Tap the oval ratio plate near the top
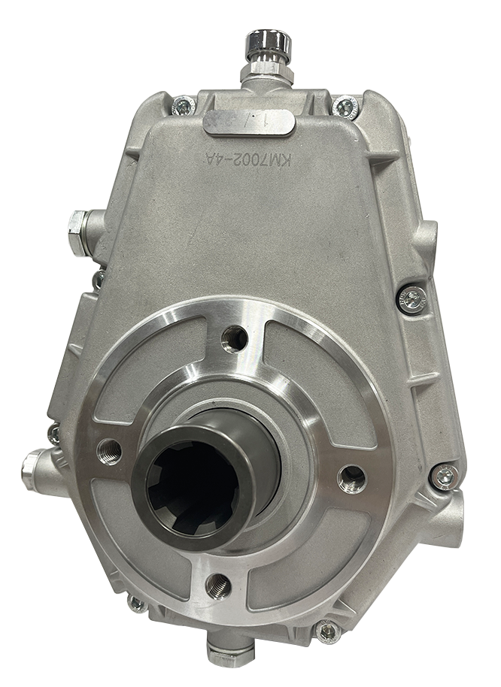click(247, 120)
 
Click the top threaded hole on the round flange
click(232, 337)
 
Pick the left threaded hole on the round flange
click(109, 448)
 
